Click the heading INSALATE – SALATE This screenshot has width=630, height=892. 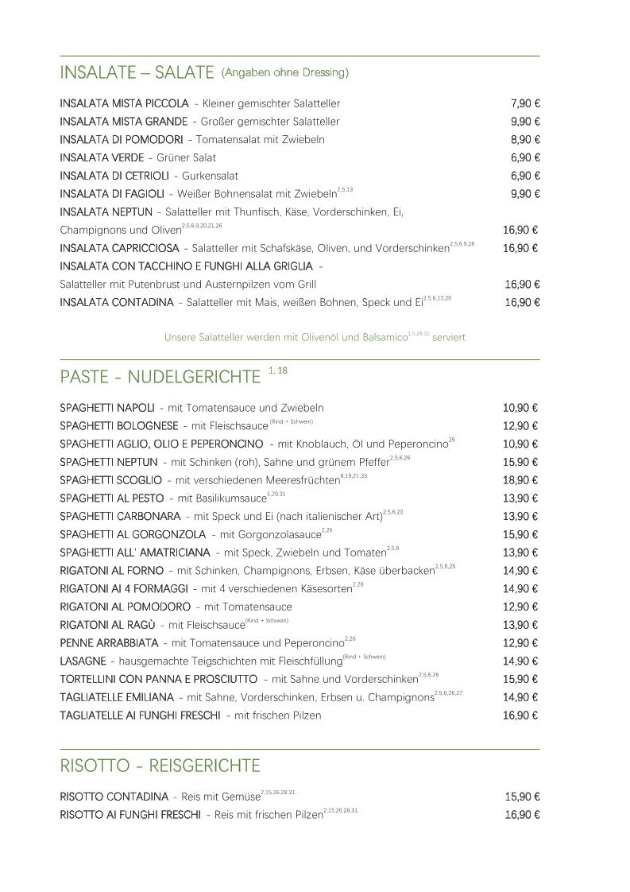(137, 73)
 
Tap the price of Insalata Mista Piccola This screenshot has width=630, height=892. (525, 103)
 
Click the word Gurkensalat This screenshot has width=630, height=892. (211, 176)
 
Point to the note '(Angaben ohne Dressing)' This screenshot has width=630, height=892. (285, 73)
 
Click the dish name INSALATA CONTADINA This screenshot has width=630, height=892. (116, 302)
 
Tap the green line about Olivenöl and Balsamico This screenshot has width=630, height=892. (315, 337)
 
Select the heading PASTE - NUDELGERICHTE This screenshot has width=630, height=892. (160, 376)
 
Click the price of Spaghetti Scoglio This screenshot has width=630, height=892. (522, 480)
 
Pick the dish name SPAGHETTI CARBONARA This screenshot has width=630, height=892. (120, 517)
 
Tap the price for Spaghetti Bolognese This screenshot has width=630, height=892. (522, 426)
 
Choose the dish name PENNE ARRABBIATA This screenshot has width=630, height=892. (109, 643)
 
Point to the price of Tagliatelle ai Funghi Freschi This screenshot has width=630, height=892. (522, 716)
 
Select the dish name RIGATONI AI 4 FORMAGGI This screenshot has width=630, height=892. (124, 589)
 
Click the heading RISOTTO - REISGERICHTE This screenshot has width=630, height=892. (160, 766)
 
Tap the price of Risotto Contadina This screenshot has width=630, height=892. (523, 797)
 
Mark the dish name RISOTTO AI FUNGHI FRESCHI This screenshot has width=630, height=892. (129, 815)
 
